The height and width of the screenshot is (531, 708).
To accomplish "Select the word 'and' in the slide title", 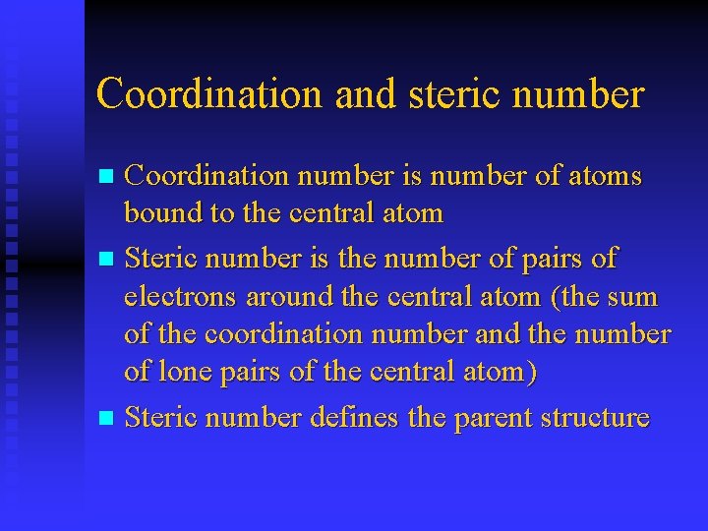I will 363,94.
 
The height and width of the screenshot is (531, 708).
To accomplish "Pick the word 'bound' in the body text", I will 161,212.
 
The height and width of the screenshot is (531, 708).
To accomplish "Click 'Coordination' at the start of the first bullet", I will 207,177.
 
